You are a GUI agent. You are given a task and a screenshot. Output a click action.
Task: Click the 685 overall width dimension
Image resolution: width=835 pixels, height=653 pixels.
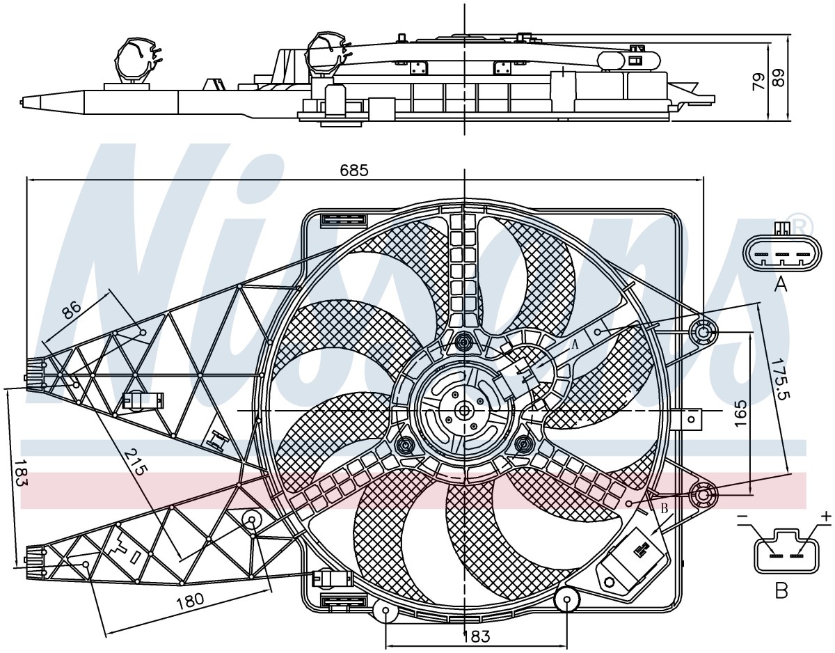[x=354, y=170]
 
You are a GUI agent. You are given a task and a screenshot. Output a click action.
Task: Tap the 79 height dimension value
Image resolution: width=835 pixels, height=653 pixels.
[x=758, y=82]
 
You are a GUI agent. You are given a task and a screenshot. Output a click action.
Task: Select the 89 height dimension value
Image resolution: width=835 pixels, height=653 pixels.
[x=779, y=79]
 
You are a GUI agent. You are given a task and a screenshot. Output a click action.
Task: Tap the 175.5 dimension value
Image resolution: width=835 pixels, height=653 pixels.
[x=775, y=379]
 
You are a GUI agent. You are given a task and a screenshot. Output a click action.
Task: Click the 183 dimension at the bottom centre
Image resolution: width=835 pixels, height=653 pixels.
[x=476, y=637]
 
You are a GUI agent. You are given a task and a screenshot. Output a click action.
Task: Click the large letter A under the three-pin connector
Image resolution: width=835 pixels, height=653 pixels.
[x=781, y=285]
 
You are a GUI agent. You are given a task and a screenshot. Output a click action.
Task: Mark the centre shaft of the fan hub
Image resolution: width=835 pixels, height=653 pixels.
[x=464, y=411]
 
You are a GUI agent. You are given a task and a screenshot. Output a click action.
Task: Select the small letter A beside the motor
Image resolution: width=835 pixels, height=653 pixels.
[x=575, y=344]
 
